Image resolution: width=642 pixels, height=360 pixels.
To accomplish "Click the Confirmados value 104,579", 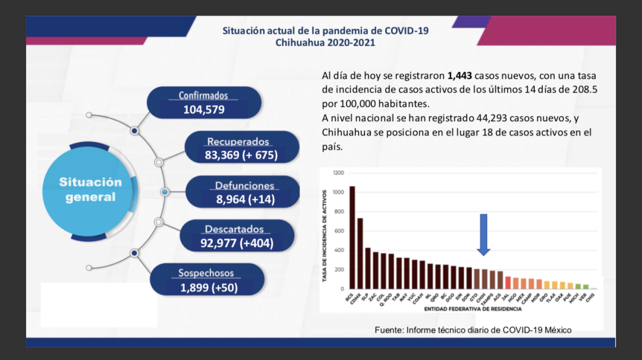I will [x=204, y=109].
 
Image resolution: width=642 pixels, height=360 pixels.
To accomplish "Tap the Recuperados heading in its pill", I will [x=238, y=142].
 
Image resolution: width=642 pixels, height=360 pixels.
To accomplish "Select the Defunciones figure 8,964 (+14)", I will [x=246, y=199].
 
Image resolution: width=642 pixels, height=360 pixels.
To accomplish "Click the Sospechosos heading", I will [x=206, y=273].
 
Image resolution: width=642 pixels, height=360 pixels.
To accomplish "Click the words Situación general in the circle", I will [x=90, y=190].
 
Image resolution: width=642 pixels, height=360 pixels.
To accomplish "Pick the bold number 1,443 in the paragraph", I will [x=460, y=76].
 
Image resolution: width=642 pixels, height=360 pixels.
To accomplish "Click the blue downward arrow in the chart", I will [x=484, y=235].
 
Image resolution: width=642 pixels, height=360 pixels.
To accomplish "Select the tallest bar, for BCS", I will [x=352, y=238].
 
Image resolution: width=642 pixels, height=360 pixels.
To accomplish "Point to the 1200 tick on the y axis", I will [x=338, y=173].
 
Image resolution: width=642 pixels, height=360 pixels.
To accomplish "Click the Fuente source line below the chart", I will [x=473, y=330].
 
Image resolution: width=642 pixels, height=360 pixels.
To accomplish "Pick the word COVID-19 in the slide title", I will [x=407, y=30].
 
